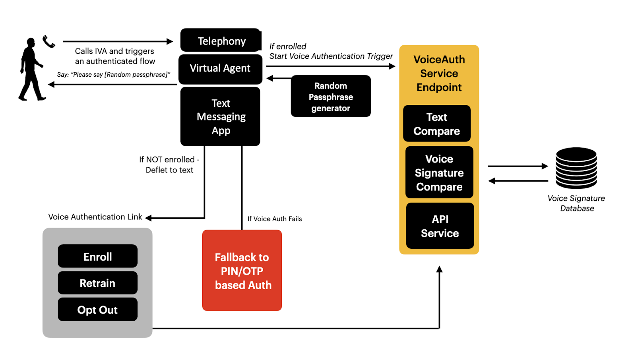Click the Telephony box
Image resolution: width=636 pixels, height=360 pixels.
point(221,41)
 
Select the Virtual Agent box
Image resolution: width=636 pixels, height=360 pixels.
point(220,68)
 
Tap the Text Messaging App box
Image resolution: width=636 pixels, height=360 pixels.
point(220,116)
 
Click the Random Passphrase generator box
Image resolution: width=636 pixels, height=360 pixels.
point(331,97)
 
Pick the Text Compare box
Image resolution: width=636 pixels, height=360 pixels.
point(436,124)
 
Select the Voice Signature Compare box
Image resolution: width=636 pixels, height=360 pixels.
point(439,172)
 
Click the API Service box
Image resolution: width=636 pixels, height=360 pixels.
point(440,226)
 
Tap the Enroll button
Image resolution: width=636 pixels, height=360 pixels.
point(97,256)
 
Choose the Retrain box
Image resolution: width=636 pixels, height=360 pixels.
point(97,283)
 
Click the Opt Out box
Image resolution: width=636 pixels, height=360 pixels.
point(97,310)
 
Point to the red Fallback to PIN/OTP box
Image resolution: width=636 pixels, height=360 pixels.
point(242,270)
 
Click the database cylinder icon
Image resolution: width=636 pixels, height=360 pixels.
point(576,168)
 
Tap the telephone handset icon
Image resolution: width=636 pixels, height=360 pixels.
point(48,41)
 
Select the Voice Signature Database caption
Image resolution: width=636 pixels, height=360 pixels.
point(576,203)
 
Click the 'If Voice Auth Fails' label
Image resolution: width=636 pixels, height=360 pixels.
point(275,219)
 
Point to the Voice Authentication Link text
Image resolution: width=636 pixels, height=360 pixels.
point(95,217)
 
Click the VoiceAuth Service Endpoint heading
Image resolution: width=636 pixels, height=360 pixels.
point(439,74)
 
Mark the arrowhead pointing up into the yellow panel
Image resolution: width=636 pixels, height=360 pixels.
point(439,269)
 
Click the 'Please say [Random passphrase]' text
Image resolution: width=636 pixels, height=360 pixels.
point(114,75)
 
